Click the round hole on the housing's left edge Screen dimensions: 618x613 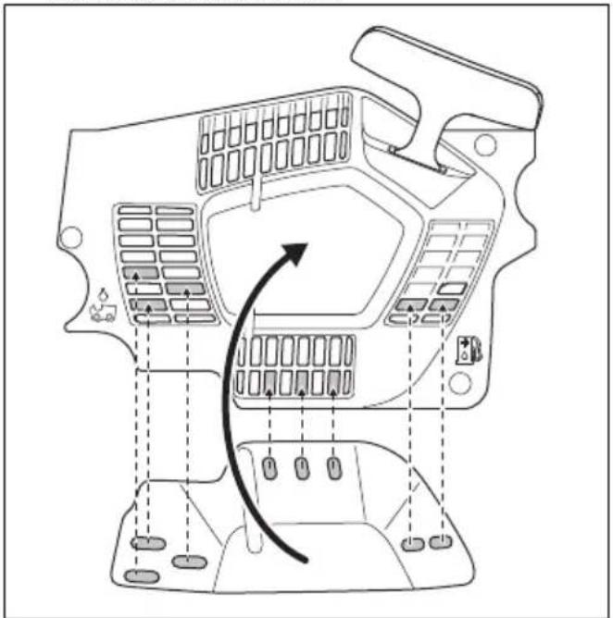click(67, 238)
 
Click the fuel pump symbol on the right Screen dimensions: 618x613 click(466, 348)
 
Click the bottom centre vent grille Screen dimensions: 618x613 click(294, 366)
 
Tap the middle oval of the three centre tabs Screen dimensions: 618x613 click(300, 466)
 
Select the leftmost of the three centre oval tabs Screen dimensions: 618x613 click(269, 466)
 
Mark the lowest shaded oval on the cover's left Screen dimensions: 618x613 click(142, 576)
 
